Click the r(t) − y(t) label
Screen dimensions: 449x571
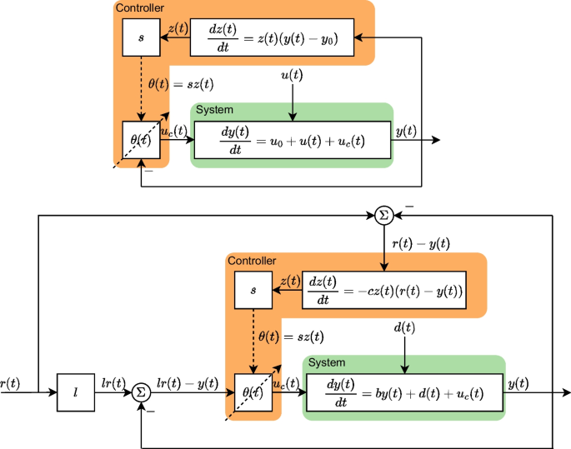pos(421,243)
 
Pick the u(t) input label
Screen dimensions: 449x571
pos(292,76)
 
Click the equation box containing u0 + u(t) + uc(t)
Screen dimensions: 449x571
pos(292,141)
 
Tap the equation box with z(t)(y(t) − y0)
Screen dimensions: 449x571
pos(274,38)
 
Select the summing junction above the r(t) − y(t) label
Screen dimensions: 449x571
pos(383,215)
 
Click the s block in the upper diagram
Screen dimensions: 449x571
pos(141,38)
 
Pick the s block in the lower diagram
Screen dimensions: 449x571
pos(253,291)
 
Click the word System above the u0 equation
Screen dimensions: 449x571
pos(214,109)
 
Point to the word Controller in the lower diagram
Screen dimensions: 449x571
pos(251,261)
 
